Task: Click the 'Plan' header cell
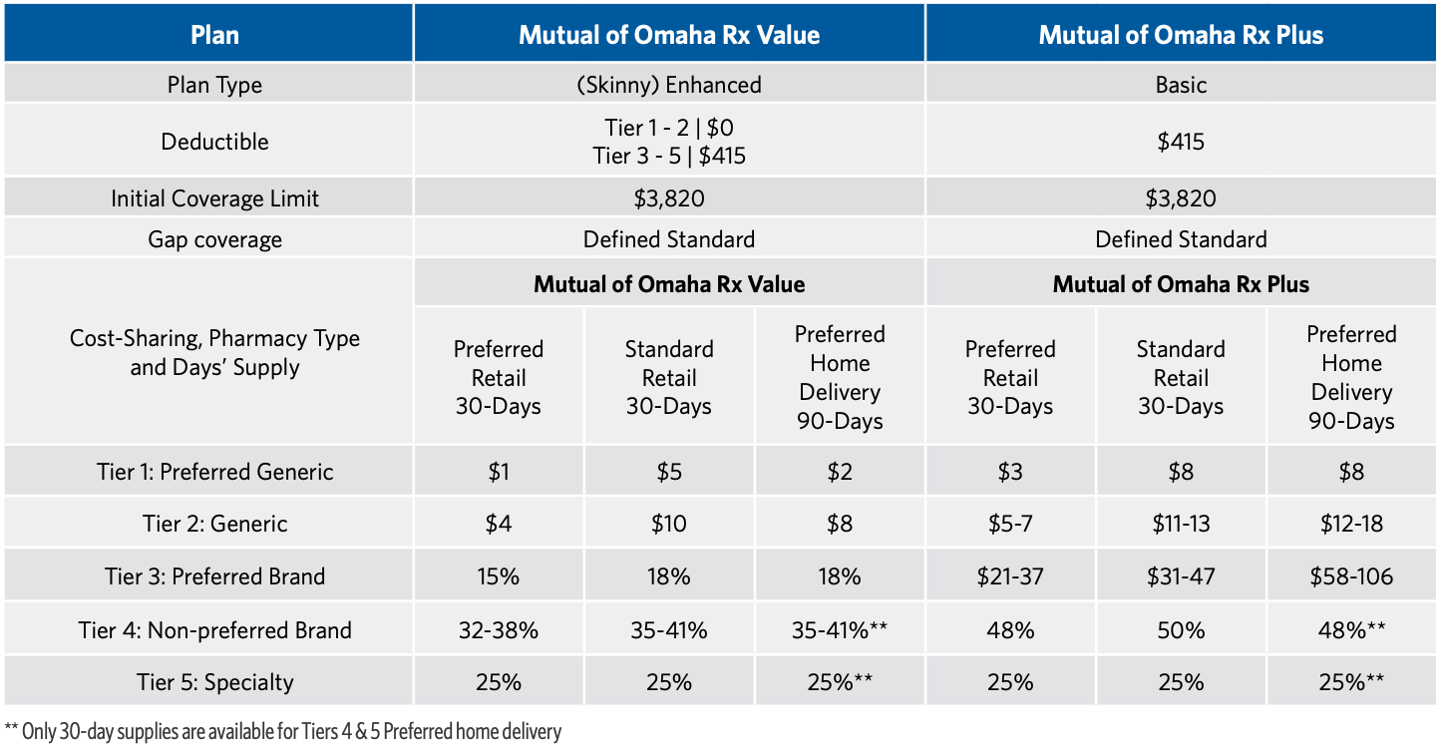(214, 35)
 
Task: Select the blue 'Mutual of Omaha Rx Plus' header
(1181, 35)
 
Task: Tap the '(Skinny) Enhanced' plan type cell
(668, 85)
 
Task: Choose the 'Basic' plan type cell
(1181, 85)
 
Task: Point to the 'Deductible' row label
(214, 142)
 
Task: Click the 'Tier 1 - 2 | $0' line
(668, 128)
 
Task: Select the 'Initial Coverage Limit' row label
(214, 198)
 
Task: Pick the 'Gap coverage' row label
(214, 239)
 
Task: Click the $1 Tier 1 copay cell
(499, 472)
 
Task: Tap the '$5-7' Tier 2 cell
(1010, 524)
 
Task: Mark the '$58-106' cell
(1351, 576)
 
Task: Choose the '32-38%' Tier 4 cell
(499, 630)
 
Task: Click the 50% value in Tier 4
(1181, 630)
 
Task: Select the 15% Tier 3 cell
(499, 576)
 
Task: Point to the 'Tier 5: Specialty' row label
(214, 682)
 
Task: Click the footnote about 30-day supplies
(283, 731)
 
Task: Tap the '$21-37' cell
(1010, 576)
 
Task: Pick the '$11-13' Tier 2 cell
(1181, 524)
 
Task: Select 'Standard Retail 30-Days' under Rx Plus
(1181, 378)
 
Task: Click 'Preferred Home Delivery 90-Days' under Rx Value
(840, 378)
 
